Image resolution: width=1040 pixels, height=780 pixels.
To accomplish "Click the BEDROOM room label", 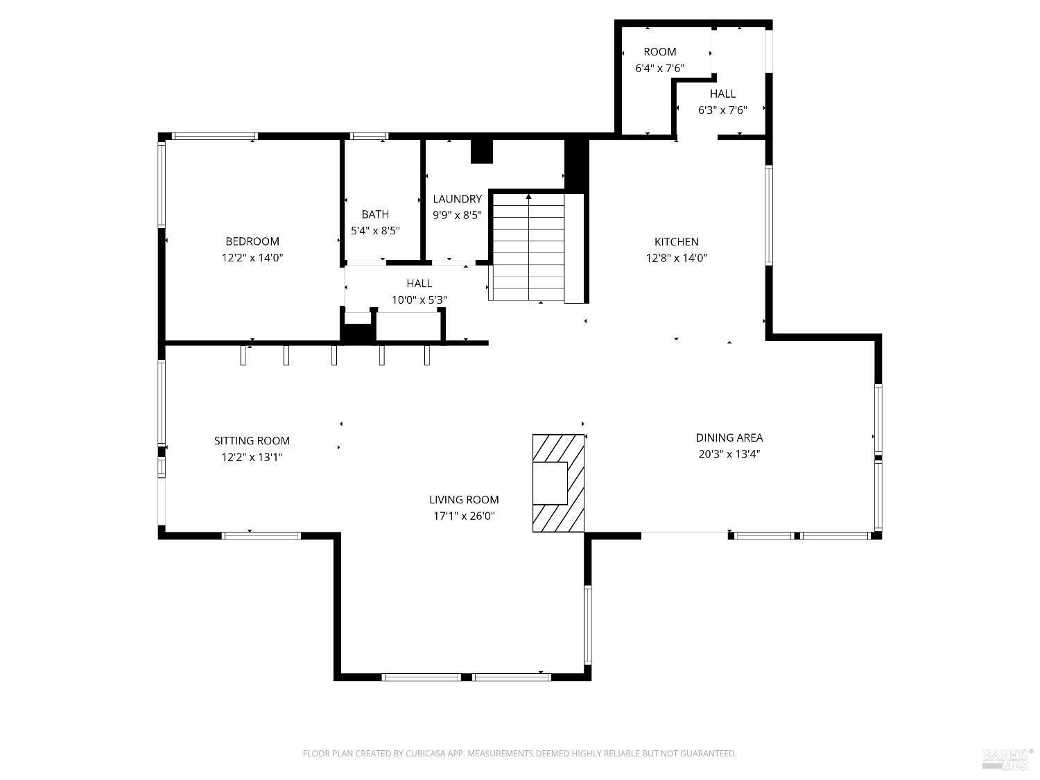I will tap(252, 241).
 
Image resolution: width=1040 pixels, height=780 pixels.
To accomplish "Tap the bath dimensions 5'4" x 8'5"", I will tap(375, 231).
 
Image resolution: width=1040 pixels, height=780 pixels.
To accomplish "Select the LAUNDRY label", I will tap(457, 199).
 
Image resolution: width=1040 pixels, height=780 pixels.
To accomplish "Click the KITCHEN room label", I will tap(676, 242).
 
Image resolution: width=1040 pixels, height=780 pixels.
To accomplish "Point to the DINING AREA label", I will tap(729, 437).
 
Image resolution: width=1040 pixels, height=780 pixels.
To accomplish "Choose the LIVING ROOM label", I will tap(464, 499).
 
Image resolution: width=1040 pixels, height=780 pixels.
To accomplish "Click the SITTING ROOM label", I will tap(252, 440).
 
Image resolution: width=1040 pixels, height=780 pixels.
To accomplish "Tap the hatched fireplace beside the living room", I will tap(558, 483).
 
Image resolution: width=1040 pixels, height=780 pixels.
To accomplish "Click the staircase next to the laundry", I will tap(528, 248).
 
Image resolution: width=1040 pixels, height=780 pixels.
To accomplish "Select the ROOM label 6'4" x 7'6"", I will tap(659, 52).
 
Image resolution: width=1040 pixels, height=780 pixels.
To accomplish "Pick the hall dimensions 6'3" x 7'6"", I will tap(722, 110).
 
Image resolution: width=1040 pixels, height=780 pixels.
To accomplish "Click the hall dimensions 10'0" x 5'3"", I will tap(419, 300).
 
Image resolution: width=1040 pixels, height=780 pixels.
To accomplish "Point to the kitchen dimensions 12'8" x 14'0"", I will tap(676, 259).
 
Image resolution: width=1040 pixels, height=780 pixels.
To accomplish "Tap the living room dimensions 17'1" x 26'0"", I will tap(464, 517).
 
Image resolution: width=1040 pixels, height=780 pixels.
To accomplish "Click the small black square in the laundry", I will tap(481, 151).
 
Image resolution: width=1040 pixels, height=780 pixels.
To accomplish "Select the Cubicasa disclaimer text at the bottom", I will tap(519, 754).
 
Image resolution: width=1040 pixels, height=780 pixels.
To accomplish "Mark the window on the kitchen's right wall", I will tap(769, 215).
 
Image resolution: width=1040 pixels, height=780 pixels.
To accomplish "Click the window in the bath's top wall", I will tap(369, 136).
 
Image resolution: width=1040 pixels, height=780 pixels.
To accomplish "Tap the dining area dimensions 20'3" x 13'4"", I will tap(729, 455).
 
